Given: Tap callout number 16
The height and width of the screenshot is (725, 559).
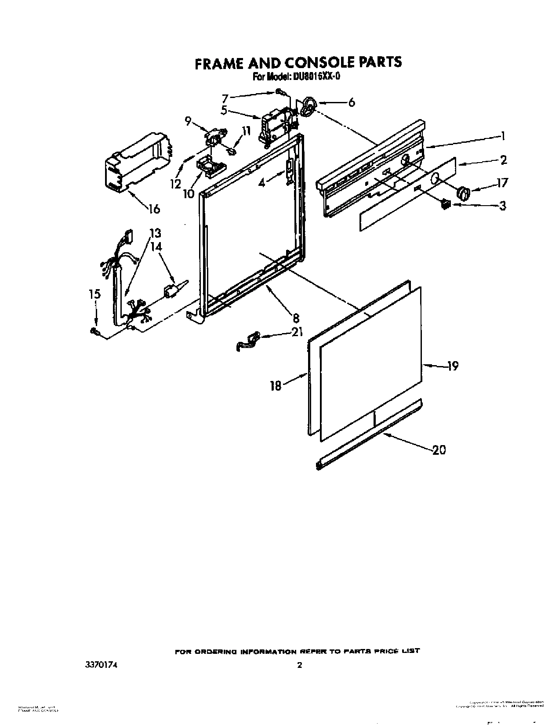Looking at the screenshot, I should tap(153, 208).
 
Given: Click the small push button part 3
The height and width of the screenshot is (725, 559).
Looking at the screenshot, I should tap(446, 204).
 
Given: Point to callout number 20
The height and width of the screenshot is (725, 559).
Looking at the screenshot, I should tap(439, 450).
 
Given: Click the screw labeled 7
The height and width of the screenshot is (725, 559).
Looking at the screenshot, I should tap(280, 92).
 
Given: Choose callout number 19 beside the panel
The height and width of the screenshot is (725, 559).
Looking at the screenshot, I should tap(453, 366).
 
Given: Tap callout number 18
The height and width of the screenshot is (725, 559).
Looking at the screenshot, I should tap(276, 386).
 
